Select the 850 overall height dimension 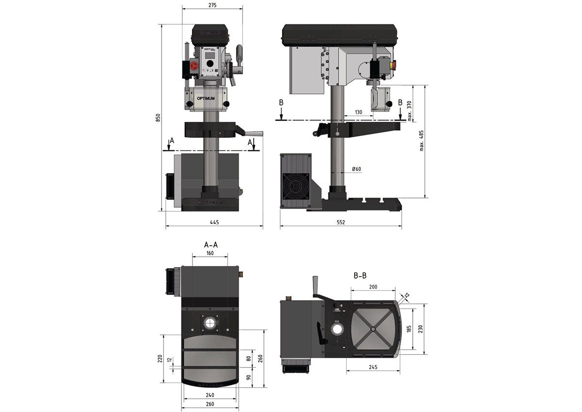click(157, 118)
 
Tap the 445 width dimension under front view click(214, 222)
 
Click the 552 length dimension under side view click(340, 222)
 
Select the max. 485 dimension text click(421, 141)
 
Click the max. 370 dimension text click(410, 110)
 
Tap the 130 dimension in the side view click(358, 112)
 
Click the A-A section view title click(210, 244)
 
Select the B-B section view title click(359, 276)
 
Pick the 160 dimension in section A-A click(210, 253)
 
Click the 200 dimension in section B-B click(373, 287)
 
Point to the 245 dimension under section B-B click(373, 367)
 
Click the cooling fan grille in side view click(295, 186)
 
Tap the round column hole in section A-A click(210, 323)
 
